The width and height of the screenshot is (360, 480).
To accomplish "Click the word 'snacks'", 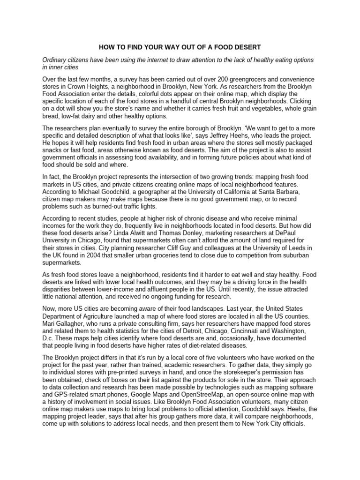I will [x=53, y=149].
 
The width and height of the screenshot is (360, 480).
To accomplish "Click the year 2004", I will [x=105, y=255].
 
